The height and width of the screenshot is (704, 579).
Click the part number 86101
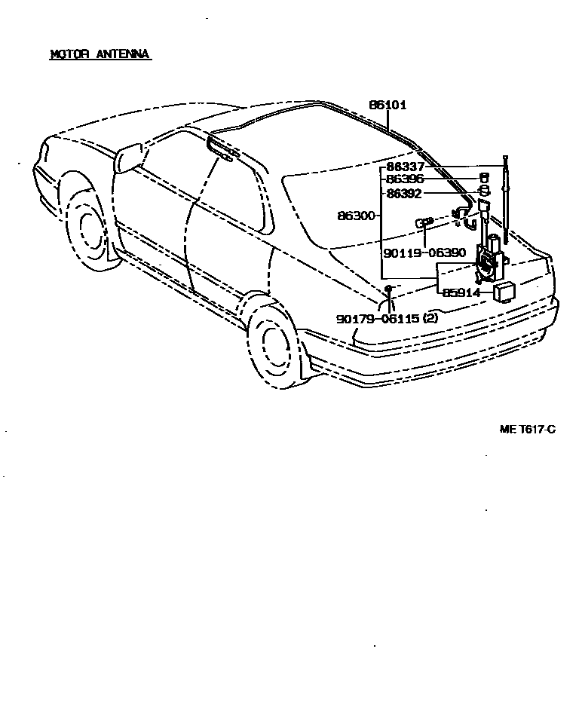tap(388, 106)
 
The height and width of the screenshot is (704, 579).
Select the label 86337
tap(405, 167)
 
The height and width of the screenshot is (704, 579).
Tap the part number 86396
tap(405, 179)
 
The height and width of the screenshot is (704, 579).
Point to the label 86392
tap(405, 193)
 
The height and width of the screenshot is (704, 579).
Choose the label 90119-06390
tap(424, 253)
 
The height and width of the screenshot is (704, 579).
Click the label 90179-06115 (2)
tap(387, 319)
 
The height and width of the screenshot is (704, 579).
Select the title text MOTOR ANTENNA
tap(100, 54)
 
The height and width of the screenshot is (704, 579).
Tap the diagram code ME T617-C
tap(527, 429)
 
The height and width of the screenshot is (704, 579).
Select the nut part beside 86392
tap(485, 191)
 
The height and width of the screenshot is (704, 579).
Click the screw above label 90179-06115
tap(388, 290)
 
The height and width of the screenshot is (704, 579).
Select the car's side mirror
tap(127, 158)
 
